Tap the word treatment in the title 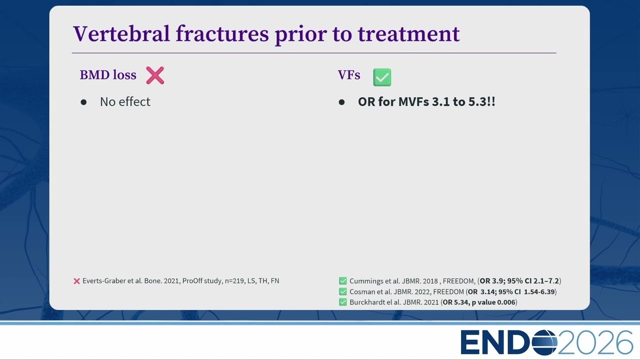[x=409, y=34]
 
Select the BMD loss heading [x=108, y=75]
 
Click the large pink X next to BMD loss [x=155, y=75]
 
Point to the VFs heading [x=349, y=75]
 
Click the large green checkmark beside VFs [x=382, y=77]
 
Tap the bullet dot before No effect [x=83, y=102]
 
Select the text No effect [x=125, y=101]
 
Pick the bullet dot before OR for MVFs [x=341, y=102]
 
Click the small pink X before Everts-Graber [x=76, y=281]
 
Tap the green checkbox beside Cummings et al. [x=343, y=281]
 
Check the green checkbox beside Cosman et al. [x=343, y=291]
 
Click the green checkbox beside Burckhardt [x=343, y=302]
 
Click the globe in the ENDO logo [x=544, y=342]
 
